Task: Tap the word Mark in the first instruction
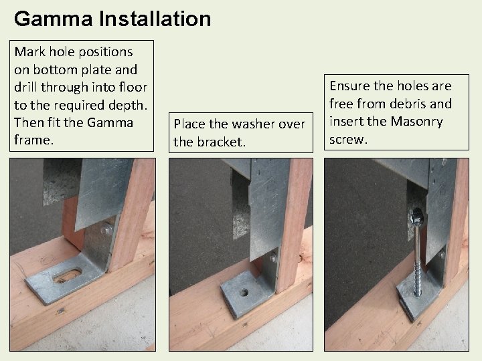(x=30, y=51)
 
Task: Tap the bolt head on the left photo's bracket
(x=106, y=231)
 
